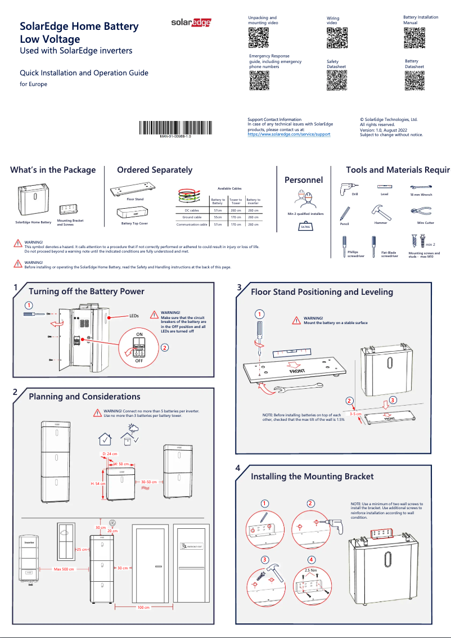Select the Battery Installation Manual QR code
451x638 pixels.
coord(414,38)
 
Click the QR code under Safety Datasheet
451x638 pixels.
coord(336,80)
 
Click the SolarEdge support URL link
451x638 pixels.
coord(288,134)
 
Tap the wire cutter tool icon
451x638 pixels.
coord(421,212)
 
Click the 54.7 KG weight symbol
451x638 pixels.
coord(305,226)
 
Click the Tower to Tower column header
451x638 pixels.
coord(236,201)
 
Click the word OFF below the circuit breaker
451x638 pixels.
coord(138,360)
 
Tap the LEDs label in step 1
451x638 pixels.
coord(134,317)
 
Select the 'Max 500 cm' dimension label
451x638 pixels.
coord(65,569)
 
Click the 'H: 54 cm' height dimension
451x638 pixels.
coord(98,484)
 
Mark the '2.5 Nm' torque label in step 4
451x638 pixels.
coord(310,570)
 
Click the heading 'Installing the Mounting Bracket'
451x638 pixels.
coord(312,477)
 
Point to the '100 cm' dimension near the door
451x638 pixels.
coord(143,608)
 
